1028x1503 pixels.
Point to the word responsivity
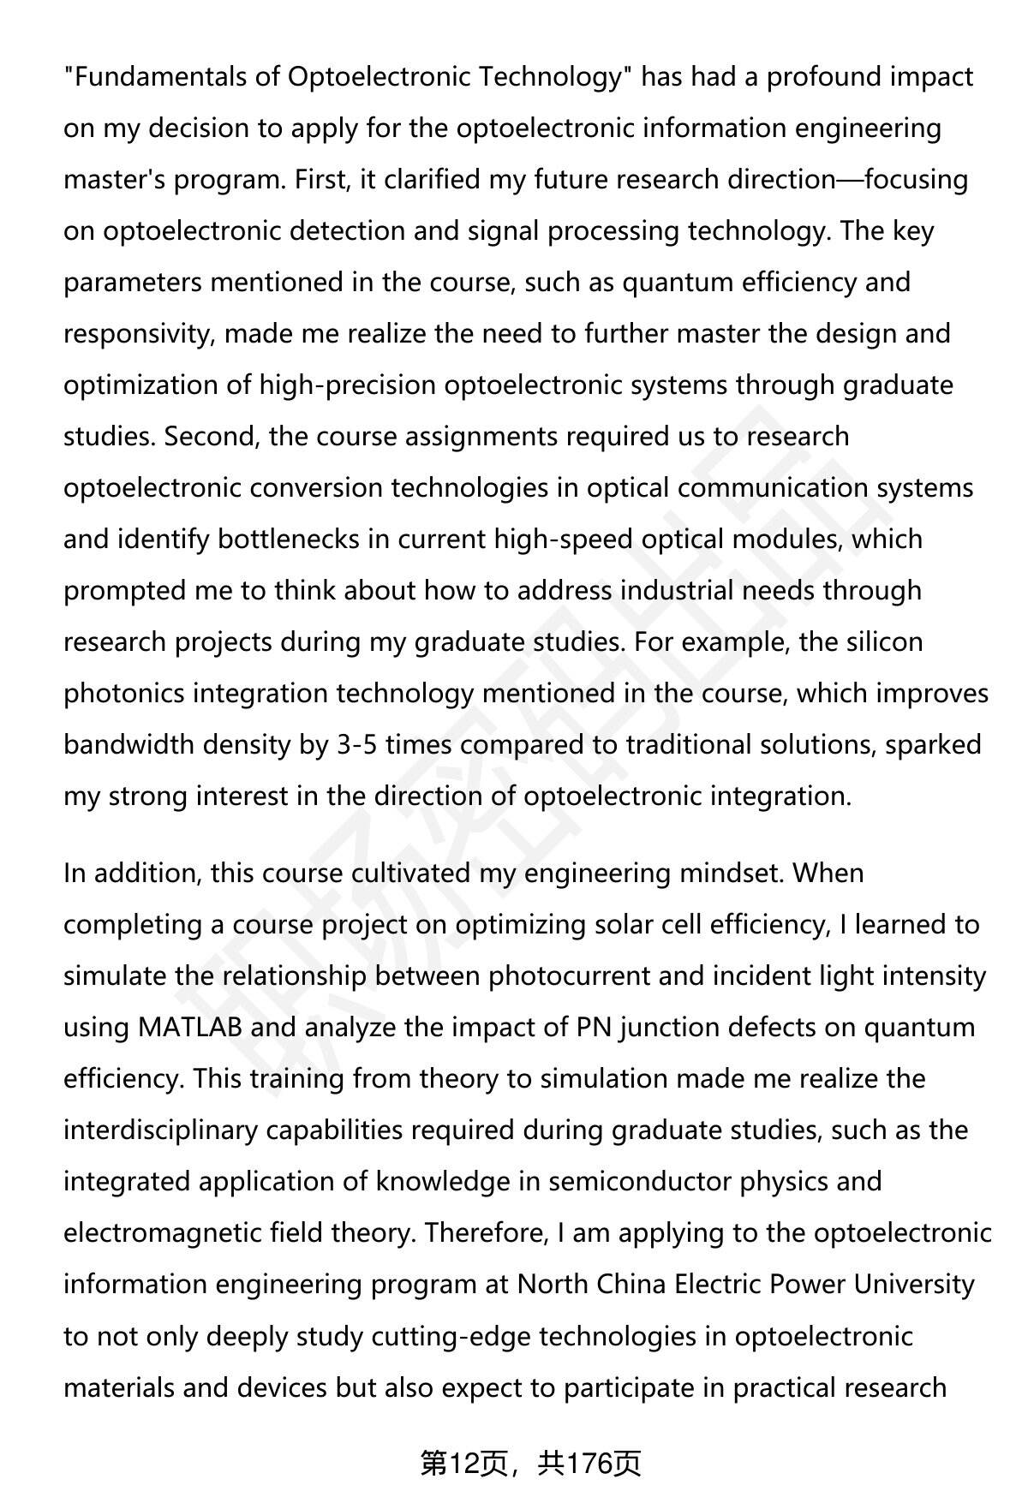click(136, 334)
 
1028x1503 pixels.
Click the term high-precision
click(348, 385)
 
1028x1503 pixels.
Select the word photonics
click(124, 694)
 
